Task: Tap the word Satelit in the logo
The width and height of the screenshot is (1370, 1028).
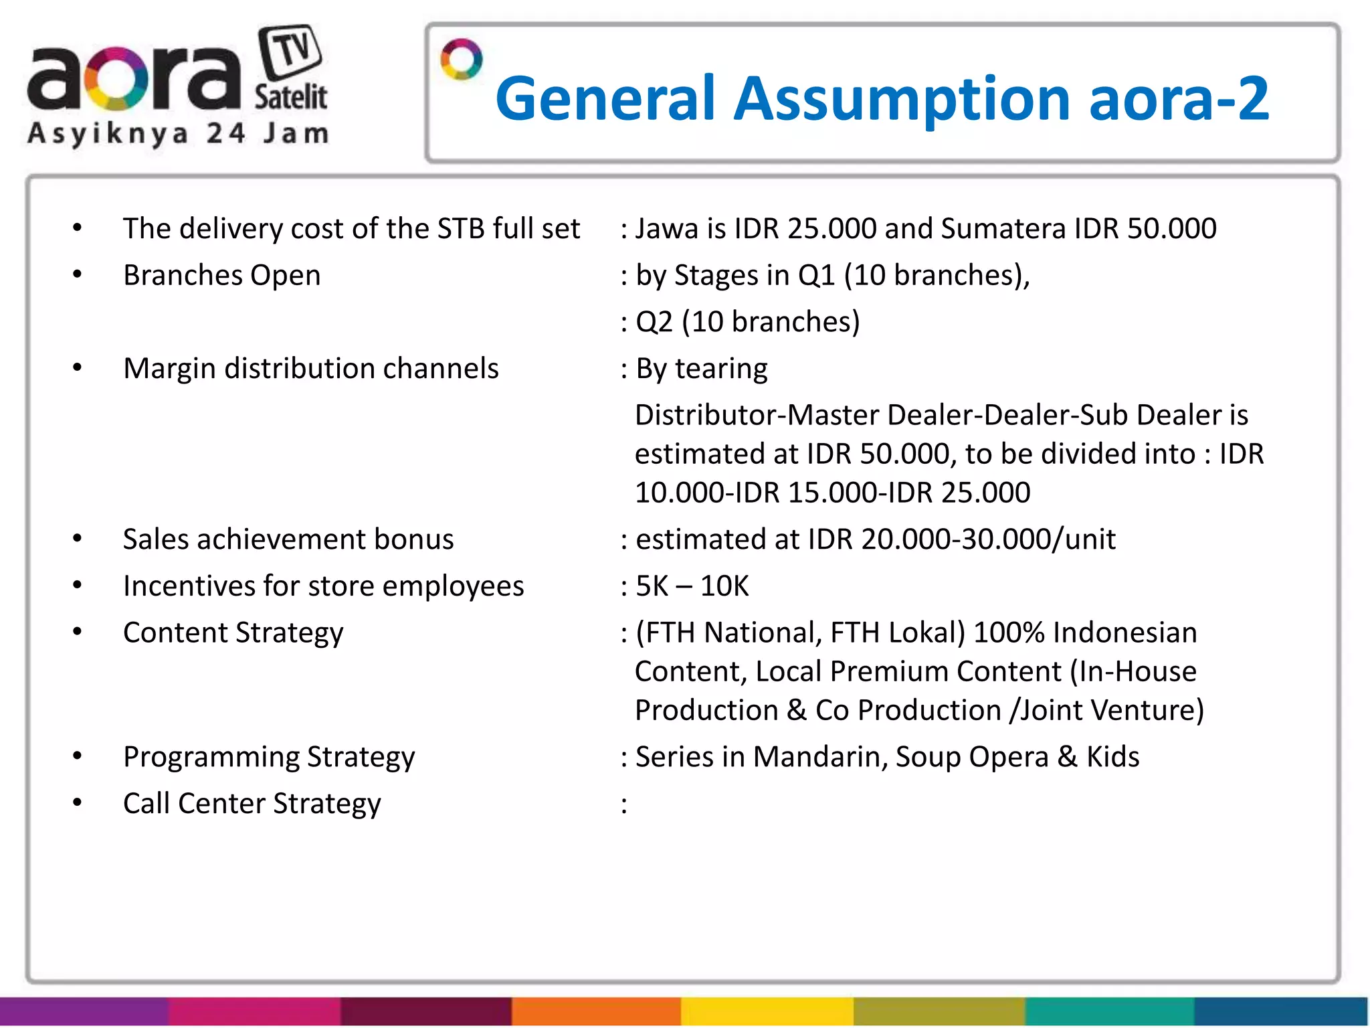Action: pyautogui.click(x=290, y=98)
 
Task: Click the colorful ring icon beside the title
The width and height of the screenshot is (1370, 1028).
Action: pyautogui.click(x=461, y=60)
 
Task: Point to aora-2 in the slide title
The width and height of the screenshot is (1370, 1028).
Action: pyautogui.click(x=1179, y=99)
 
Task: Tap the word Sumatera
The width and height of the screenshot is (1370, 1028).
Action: pyautogui.click(x=1003, y=229)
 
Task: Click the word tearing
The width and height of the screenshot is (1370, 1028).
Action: pyautogui.click(x=721, y=369)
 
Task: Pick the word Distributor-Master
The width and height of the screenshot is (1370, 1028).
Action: pyautogui.click(x=757, y=415)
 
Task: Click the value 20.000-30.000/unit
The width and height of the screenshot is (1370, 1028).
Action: pyautogui.click(x=988, y=539)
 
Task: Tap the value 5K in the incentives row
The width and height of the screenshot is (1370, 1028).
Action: pyautogui.click(x=652, y=586)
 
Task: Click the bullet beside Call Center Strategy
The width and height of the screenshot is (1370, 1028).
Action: pyautogui.click(x=78, y=802)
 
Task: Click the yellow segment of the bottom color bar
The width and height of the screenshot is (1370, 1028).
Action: pyautogui.click(x=767, y=1012)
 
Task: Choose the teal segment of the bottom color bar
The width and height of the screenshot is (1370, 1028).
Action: pyautogui.click(x=1110, y=1012)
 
